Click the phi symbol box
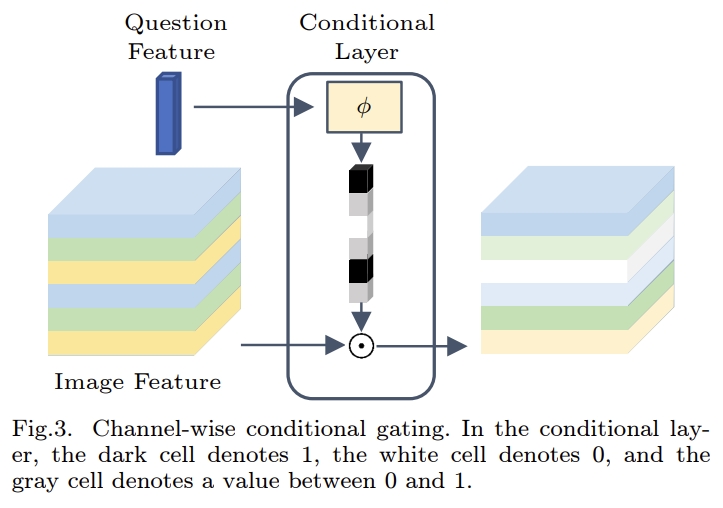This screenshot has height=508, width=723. pos(363,107)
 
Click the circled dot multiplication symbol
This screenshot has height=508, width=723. pos(360,346)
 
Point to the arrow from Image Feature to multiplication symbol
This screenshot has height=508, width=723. pos(290,346)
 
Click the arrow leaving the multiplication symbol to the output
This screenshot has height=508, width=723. pos(420,346)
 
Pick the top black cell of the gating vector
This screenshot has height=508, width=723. pos(359,181)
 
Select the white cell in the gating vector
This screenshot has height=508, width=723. pos(359,226)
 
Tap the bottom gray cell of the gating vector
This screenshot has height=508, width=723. pos(359,292)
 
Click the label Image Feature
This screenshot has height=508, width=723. pos(137,382)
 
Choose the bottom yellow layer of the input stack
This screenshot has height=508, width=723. pos(120,343)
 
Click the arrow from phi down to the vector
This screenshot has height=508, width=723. pos(359,150)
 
